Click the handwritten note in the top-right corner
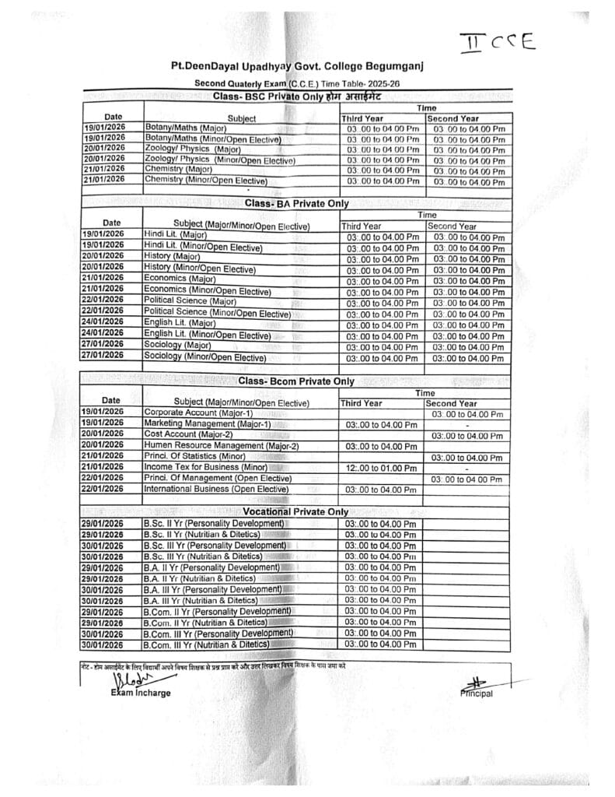pos(498,40)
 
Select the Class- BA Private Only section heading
pos(296,203)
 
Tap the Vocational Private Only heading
pos(295,511)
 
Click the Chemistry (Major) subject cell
pos(180,168)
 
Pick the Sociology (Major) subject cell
pos(177,344)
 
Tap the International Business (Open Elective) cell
pos(216,489)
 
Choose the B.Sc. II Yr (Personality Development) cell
pos(214,523)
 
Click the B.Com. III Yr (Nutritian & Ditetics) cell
pos(207,644)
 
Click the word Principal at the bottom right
pos(476,693)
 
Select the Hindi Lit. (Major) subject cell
pos(175,234)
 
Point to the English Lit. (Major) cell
pos(180,322)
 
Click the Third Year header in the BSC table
pos(364,118)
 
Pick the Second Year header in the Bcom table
pos(452,403)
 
